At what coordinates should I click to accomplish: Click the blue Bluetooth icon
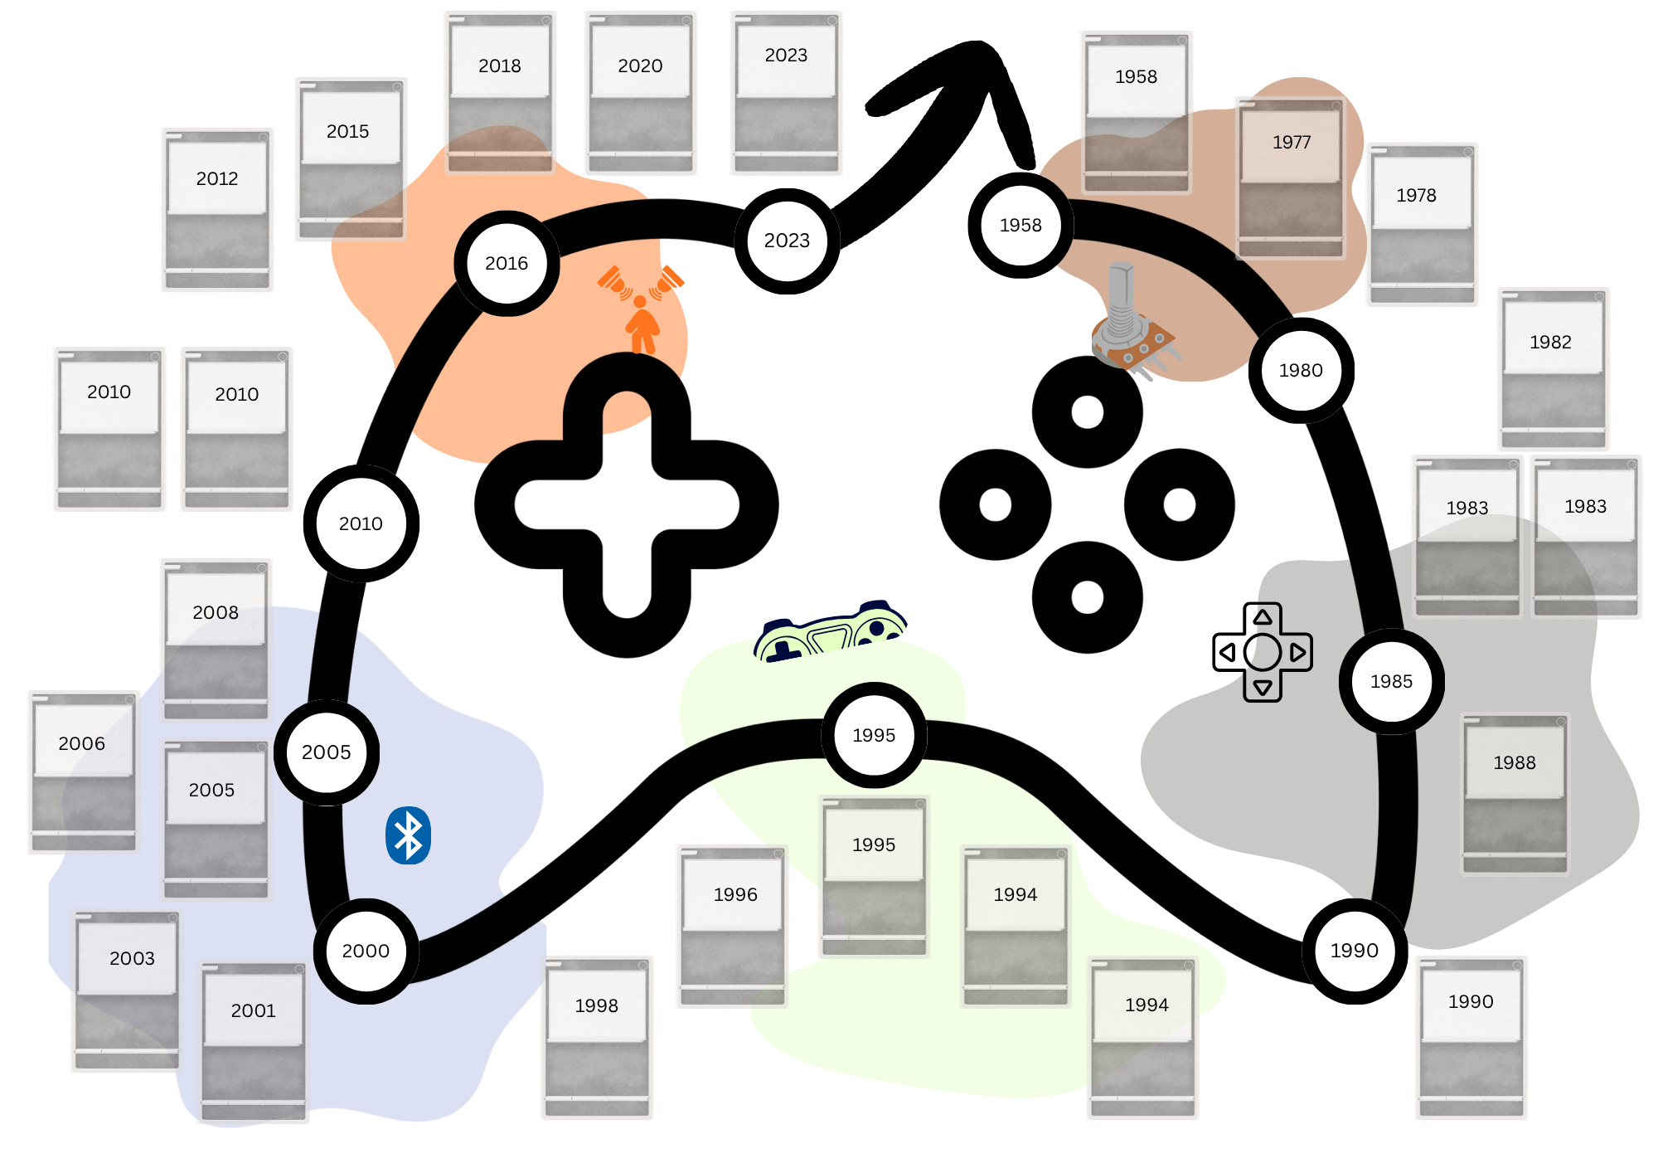pos(408,835)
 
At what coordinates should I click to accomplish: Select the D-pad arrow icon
pos(1277,652)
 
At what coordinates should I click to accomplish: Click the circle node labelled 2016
pos(507,264)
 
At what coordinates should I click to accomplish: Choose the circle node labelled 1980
pos(1301,371)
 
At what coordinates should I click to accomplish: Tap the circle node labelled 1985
pos(1391,682)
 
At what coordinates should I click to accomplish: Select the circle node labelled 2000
pos(366,951)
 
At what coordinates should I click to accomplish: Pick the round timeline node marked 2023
pos(787,241)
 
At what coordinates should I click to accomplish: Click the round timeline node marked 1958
pos(1020,226)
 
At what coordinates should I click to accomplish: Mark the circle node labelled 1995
pos(874,735)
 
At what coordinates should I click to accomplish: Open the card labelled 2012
pos(217,210)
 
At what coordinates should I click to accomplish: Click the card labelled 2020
pos(640,93)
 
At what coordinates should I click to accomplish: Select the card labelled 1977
pos(1291,178)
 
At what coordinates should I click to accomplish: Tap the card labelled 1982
pos(1553,369)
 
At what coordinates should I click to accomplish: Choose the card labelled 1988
pos(1515,794)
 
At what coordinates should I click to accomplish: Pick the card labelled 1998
pos(597,1037)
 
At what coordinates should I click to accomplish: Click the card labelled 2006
pos(83,771)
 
